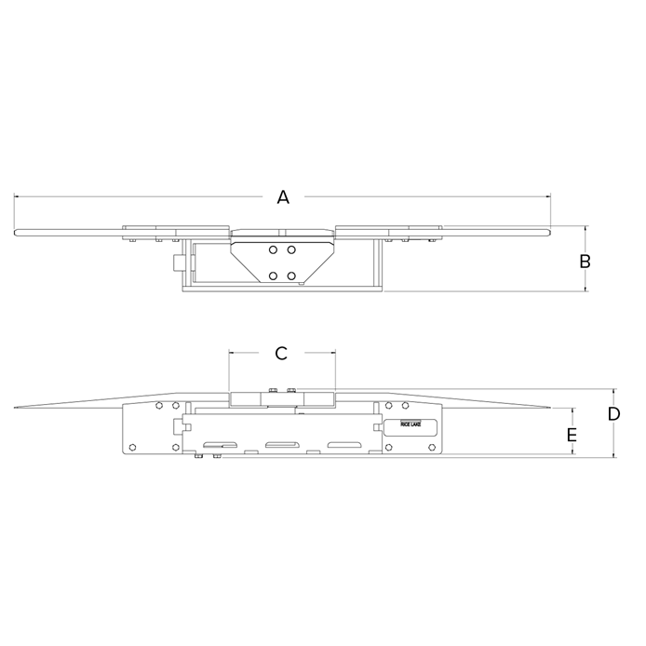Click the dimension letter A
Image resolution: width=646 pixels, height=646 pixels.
284,196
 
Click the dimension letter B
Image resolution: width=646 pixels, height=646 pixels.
585,262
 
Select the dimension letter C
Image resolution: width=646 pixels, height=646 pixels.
282,353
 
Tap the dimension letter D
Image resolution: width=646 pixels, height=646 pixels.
613,413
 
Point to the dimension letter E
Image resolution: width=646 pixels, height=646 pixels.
572,435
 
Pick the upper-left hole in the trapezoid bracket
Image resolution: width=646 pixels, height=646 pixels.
272,250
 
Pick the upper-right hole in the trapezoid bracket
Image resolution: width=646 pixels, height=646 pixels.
292,250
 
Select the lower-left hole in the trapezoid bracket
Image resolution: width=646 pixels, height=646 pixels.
272,276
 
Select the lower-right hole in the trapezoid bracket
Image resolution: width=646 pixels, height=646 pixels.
292,276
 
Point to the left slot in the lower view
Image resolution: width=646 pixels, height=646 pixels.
223,444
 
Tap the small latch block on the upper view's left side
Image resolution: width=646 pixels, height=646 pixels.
174,264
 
